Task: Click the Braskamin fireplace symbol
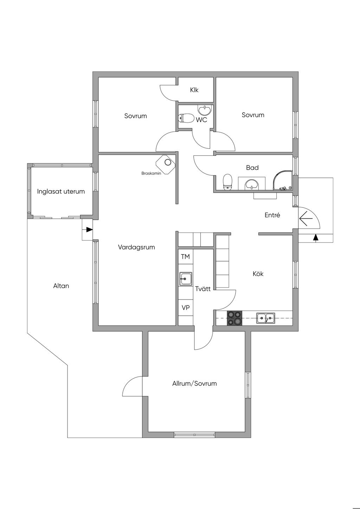[x=166, y=165]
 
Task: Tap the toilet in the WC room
[x=186, y=118]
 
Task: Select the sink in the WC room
[x=205, y=110]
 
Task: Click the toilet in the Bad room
[x=227, y=182]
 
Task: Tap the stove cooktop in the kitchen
[x=234, y=318]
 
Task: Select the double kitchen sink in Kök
[x=266, y=318]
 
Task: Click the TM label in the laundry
[x=185, y=257]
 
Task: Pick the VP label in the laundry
[x=186, y=308]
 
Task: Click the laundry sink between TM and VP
[x=186, y=279]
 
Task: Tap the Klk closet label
[x=194, y=90]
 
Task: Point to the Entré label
[x=272, y=215]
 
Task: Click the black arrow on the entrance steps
[x=315, y=238]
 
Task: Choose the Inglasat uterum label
[x=61, y=191]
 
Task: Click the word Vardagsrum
[x=136, y=247]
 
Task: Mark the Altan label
[x=61, y=286]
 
